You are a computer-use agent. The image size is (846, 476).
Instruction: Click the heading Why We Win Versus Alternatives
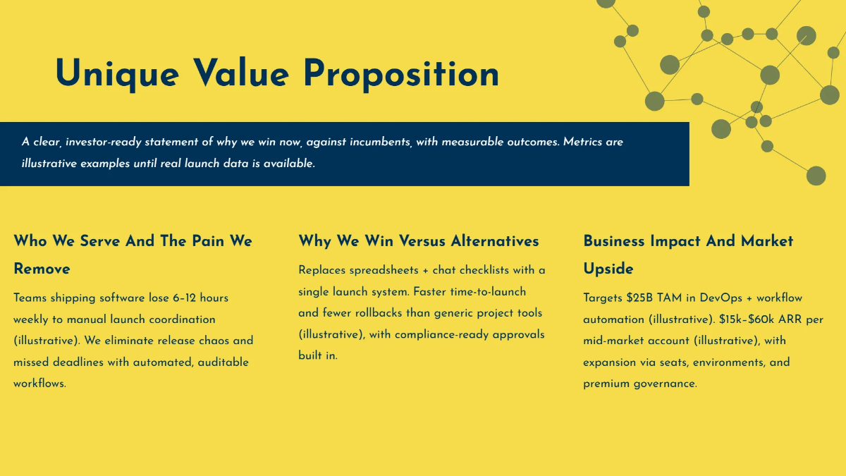pos(418,241)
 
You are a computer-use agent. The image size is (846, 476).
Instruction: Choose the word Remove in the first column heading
pos(42,269)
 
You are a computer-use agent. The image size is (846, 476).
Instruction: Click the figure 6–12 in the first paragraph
pos(185,298)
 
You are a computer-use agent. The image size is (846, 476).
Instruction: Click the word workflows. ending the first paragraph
pos(39,384)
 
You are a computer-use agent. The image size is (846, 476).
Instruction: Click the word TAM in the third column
pos(670,298)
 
